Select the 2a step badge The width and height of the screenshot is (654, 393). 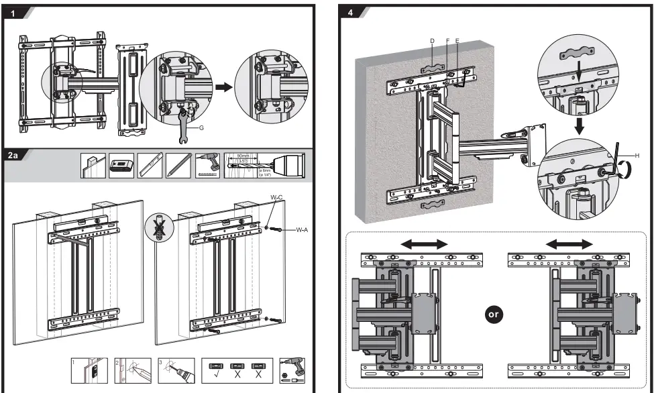click(x=14, y=155)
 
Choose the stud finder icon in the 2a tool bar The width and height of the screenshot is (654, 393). click(x=121, y=165)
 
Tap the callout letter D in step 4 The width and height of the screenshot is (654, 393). click(x=433, y=42)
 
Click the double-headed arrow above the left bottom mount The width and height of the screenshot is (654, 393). click(x=424, y=244)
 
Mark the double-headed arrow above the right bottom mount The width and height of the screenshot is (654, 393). click(x=569, y=244)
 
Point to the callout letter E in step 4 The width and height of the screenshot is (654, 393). click(x=457, y=42)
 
